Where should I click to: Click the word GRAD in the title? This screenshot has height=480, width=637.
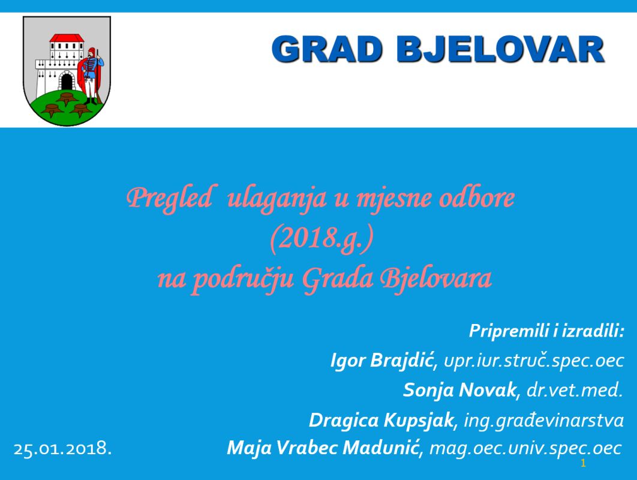327,49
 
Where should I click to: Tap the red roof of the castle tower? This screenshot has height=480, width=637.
67,38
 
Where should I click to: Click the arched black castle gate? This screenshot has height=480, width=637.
67,82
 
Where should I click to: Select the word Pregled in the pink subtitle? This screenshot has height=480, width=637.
169,199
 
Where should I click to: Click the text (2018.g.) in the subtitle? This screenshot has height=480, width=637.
321,239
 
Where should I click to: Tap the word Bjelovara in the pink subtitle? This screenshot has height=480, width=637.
435,279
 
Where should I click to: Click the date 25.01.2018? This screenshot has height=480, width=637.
62,449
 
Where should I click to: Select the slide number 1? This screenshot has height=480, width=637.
584,463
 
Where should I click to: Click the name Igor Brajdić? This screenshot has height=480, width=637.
382,360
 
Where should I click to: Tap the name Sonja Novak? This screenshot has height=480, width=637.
459,390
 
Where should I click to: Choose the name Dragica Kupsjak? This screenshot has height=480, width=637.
381,419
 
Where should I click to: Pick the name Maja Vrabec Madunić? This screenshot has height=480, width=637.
323,448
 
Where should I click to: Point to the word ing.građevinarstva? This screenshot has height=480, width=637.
543,420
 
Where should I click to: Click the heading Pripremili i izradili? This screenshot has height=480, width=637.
546,331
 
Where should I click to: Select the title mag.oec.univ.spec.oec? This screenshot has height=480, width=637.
525,448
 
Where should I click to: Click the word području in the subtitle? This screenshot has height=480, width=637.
243,280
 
